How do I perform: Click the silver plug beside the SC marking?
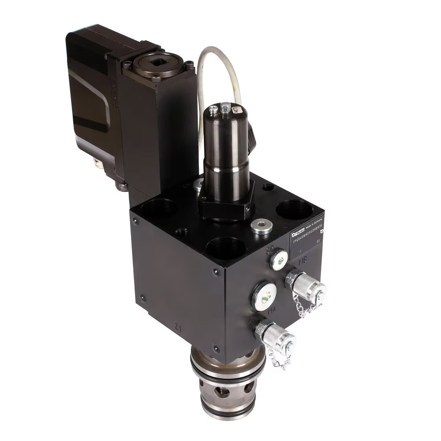click(x=279, y=261)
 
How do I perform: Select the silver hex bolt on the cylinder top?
click(x=225, y=106)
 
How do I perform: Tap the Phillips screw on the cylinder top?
click(x=213, y=111)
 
